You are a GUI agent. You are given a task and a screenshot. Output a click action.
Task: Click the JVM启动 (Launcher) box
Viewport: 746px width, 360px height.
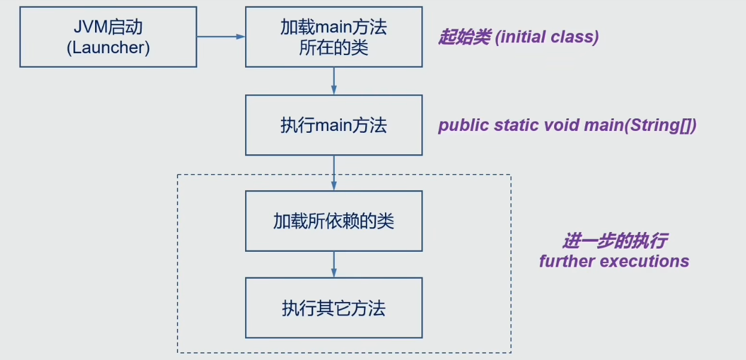pos(108,37)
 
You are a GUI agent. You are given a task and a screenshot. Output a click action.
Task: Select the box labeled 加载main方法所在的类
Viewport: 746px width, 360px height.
pos(334,37)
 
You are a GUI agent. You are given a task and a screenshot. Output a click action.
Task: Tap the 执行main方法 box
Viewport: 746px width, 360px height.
pos(334,125)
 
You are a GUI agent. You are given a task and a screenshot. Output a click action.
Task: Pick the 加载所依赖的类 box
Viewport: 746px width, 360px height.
pos(334,221)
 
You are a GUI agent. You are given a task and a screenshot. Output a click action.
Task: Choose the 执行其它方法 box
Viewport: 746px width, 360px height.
pos(334,308)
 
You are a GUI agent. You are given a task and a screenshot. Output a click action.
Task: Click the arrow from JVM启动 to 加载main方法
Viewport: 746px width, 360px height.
pos(221,36)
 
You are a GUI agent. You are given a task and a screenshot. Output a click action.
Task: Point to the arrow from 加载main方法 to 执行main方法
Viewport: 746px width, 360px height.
pos(334,81)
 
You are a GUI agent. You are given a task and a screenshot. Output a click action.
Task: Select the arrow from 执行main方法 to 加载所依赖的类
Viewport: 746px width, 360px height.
pos(334,173)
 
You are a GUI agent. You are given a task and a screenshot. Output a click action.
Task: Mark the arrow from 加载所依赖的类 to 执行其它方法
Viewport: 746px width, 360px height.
pos(334,264)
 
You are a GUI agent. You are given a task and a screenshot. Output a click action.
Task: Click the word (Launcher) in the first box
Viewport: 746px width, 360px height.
pos(108,48)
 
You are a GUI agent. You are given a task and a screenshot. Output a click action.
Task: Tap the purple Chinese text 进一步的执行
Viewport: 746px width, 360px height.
pos(614,242)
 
